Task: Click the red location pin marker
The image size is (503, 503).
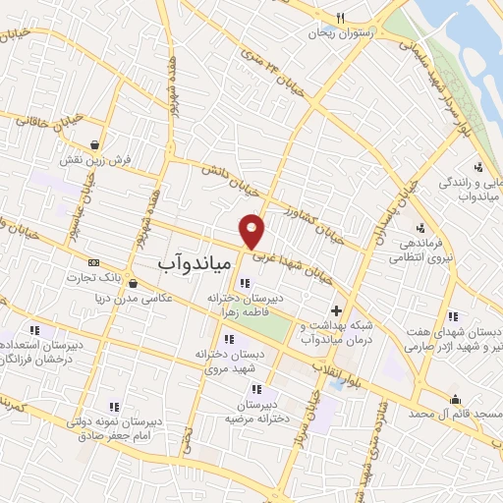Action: click(252, 230)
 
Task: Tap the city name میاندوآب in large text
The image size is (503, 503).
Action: click(194, 263)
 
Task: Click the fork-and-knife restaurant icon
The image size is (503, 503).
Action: click(340, 17)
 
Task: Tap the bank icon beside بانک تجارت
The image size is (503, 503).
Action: click(94, 263)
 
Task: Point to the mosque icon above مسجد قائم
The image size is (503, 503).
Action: click(455, 399)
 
